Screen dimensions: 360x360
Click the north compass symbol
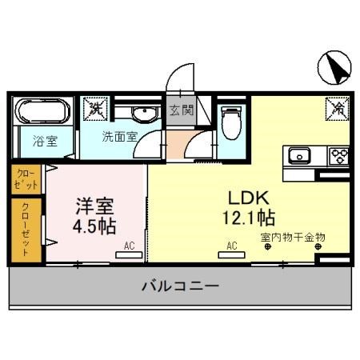click(334, 69)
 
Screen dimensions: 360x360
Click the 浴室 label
click(45, 142)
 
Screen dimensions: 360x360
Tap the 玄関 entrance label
click(181, 110)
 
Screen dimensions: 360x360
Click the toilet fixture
click(231, 122)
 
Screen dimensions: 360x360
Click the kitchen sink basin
click(300, 155)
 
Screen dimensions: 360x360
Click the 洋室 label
click(92, 204)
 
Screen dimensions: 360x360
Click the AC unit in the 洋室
click(128, 253)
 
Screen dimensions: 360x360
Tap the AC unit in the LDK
click(231, 253)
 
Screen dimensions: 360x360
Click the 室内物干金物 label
click(293, 237)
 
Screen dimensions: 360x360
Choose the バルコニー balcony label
click(181, 286)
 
